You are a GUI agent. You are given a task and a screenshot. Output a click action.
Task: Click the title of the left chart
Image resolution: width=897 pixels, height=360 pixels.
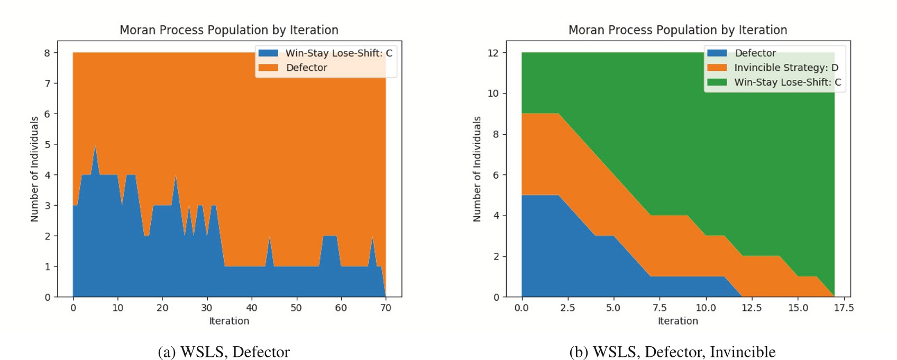pyautogui.click(x=228, y=30)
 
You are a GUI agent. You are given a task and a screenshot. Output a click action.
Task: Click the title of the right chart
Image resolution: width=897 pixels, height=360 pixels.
pyautogui.click(x=678, y=30)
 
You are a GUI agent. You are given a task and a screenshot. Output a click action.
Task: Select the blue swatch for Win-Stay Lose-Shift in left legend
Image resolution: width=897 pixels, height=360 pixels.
pyautogui.click(x=268, y=53)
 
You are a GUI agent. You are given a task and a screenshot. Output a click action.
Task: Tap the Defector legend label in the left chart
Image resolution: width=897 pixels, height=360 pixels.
pyautogui.click(x=306, y=68)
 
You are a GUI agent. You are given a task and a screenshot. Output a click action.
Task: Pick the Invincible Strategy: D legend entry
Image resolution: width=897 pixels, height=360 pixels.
pyautogui.click(x=786, y=68)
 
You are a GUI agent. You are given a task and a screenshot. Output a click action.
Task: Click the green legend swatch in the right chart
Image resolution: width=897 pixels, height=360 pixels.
pyautogui.click(x=717, y=82)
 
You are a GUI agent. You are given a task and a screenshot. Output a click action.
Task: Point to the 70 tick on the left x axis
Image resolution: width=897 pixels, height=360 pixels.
pyautogui.click(x=386, y=308)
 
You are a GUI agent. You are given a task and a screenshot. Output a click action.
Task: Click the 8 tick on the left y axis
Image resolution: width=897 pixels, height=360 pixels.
pyautogui.click(x=48, y=53)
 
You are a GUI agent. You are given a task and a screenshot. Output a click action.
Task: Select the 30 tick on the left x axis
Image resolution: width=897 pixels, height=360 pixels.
pyautogui.click(x=207, y=308)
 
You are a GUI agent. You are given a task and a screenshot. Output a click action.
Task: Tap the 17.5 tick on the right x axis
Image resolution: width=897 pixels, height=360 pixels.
pyautogui.click(x=844, y=308)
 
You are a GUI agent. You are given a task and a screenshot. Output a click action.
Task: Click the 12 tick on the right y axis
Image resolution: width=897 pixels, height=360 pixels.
pyautogui.click(x=493, y=53)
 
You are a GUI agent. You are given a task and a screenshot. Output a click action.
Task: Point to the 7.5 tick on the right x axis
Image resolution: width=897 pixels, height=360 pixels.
pyautogui.click(x=660, y=308)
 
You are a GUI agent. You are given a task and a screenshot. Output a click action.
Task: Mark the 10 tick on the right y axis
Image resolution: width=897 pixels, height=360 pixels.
pyautogui.click(x=493, y=94)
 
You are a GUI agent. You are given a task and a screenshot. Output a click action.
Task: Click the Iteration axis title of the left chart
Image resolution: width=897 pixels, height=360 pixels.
pyautogui.click(x=228, y=321)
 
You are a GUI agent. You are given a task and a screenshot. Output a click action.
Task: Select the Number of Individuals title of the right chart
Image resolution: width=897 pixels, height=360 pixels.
pyautogui.click(x=477, y=169)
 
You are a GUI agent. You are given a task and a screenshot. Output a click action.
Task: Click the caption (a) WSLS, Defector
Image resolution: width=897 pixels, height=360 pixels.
pyautogui.click(x=224, y=352)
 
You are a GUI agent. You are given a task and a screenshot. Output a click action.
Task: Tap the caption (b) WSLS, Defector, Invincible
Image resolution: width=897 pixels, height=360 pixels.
pyautogui.click(x=672, y=352)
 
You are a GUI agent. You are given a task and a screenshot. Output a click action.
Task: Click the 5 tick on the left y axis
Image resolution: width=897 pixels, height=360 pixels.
pyautogui.click(x=48, y=144)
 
